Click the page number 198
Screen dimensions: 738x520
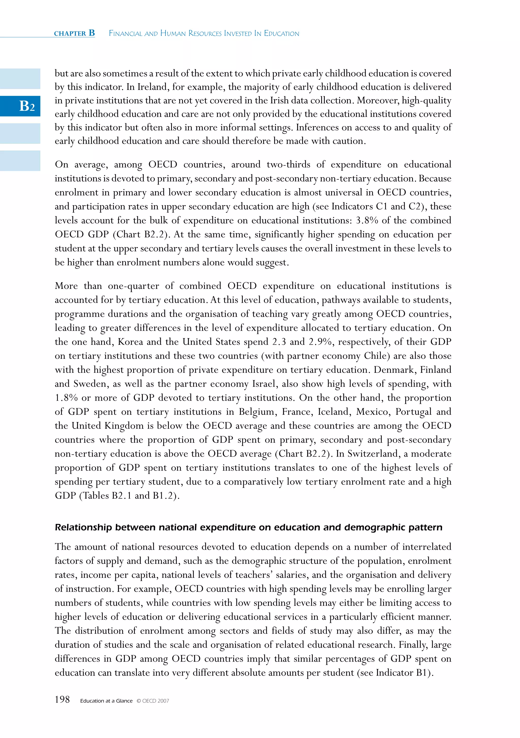coord(62,699)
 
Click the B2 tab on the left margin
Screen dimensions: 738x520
coord(27,106)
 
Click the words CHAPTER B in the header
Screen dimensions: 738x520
coord(74,33)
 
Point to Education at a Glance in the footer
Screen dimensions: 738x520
coord(106,701)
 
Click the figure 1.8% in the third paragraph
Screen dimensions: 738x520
coord(66,398)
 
